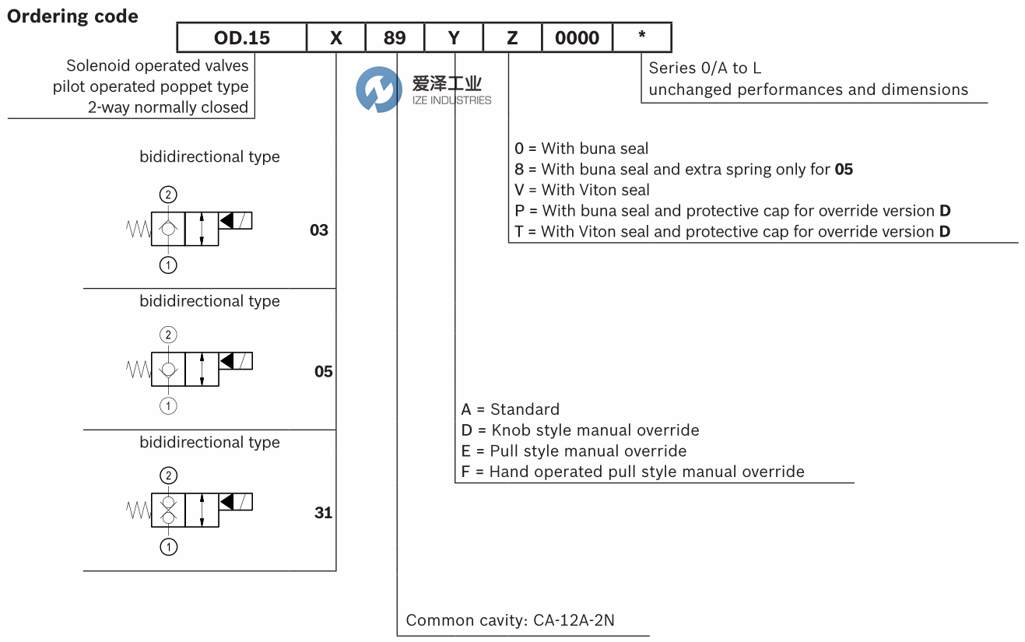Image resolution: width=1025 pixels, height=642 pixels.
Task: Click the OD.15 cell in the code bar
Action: point(242,37)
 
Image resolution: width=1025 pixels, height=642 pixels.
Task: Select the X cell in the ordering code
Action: point(336,37)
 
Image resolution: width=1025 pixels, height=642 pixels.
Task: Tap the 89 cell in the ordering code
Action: point(395,37)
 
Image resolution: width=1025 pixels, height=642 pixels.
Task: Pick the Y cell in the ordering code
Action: point(454,37)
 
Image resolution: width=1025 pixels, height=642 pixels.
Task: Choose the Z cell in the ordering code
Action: point(512,37)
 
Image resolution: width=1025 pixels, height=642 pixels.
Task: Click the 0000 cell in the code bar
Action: point(577,37)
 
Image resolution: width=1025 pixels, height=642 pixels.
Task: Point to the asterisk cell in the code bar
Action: point(642,37)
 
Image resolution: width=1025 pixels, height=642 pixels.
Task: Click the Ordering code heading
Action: point(73,16)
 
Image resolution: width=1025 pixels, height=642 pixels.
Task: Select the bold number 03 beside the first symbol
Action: point(319,230)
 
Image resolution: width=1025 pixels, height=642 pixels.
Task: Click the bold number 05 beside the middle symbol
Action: point(323,372)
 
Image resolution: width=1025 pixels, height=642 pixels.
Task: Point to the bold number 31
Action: point(323,513)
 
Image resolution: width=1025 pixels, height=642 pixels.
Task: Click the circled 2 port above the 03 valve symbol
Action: point(168,195)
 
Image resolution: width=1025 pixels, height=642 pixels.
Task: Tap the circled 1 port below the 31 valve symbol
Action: point(168,547)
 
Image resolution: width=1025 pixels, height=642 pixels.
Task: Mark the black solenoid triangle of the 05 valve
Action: point(227,362)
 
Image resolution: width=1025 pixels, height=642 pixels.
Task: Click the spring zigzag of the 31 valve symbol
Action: point(139,510)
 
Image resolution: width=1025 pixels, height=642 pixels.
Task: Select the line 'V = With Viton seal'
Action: point(582,190)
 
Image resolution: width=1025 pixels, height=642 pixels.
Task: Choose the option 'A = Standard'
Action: point(510,409)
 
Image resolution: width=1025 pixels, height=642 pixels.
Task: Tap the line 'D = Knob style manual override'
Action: point(580,430)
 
